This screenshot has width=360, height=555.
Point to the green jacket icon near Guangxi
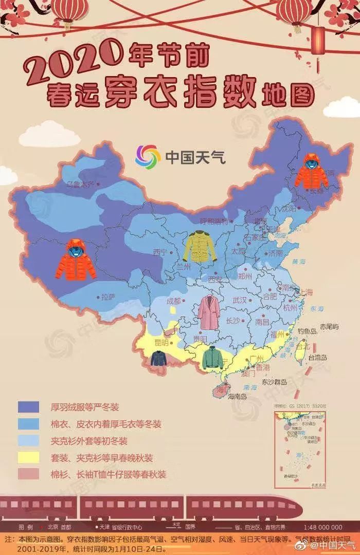pos(212,358)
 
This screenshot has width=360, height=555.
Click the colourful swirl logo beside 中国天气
pos(148,157)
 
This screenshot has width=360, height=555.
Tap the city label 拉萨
pos(107,297)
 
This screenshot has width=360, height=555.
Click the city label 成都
pos(173,301)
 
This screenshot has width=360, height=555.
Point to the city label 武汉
pos(240,300)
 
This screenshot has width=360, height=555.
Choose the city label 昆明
pos(161,342)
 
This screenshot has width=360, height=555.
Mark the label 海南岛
pos(238,396)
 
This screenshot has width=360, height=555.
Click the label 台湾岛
pos(317,357)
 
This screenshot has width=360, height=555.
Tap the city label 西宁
pos(160,252)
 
